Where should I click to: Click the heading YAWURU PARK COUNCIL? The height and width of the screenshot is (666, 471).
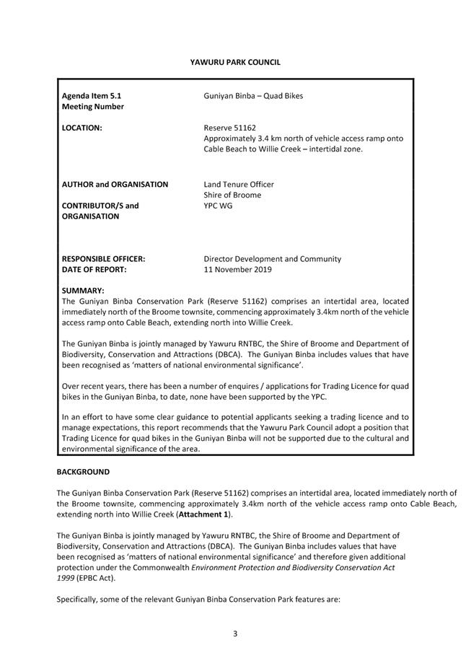click(235, 63)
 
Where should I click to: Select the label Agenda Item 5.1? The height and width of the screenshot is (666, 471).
click(97, 95)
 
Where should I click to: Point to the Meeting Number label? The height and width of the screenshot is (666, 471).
click(93, 106)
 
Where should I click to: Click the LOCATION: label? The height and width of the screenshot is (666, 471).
click(82, 128)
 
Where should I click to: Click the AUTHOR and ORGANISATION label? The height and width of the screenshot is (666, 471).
click(115, 184)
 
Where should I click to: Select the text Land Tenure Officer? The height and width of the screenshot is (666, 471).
click(239, 184)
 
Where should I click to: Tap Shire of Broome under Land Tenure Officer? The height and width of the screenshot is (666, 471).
click(232, 195)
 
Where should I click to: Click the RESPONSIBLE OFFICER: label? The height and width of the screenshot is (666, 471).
click(104, 258)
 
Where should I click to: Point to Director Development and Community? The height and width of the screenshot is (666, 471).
click(273, 258)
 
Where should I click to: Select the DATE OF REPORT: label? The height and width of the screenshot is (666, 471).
click(94, 269)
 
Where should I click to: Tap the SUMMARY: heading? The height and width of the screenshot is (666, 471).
click(84, 290)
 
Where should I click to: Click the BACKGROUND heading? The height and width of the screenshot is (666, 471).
click(84, 472)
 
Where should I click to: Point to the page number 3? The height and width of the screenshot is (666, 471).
click(235, 634)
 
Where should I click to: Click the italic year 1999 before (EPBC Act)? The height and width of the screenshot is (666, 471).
click(67, 578)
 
